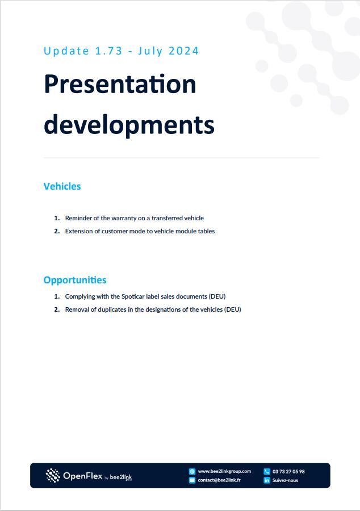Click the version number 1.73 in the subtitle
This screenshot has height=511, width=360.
(x=109, y=51)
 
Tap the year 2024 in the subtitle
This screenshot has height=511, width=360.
(x=184, y=51)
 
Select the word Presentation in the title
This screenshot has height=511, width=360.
(x=120, y=84)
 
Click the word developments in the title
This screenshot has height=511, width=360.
(x=129, y=124)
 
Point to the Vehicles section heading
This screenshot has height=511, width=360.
(x=62, y=186)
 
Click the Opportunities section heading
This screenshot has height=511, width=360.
(x=75, y=280)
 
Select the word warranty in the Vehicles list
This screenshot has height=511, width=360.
(x=124, y=218)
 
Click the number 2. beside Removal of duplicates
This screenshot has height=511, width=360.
(x=57, y=309)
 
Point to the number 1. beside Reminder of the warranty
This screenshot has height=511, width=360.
(x=57, y=218)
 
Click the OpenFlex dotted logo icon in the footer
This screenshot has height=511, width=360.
(x=53, y=475)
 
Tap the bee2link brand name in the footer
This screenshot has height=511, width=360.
(x=121, y=477)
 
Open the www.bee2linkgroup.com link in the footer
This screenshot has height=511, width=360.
(x=224, y=471)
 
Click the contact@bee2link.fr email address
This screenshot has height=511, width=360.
(x=219, y=480)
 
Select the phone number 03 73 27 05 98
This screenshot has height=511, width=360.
(x=288, y=471)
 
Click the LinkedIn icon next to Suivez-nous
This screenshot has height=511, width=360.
(x=267, y=480)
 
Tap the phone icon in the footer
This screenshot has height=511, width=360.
(x=267, y=471)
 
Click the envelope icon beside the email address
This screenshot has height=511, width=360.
(x=192, y=480)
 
